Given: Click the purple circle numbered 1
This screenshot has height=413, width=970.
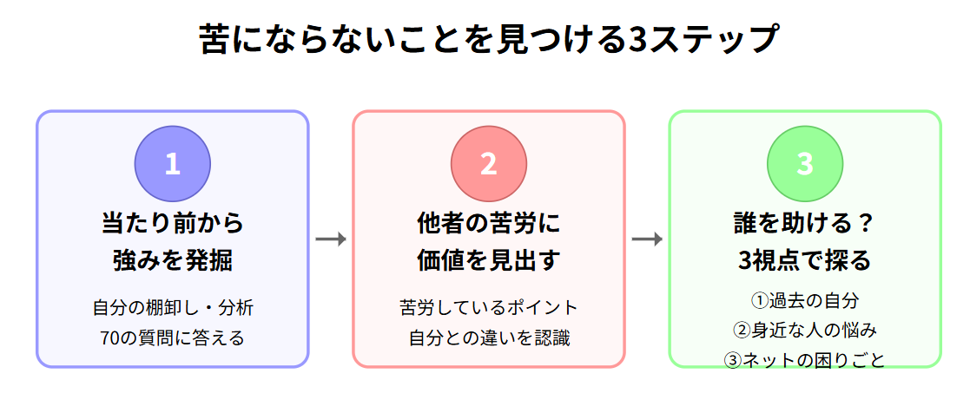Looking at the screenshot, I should pyautogui.click(x=172, y=164).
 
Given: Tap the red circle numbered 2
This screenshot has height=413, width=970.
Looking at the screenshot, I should pyautogui.click(x=488, y=164).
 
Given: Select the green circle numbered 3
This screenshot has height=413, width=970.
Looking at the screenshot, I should pyautogui.click(x=805, y=164).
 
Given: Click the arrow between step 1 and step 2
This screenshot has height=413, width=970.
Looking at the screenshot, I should pyautogui.click(x=330, y=239).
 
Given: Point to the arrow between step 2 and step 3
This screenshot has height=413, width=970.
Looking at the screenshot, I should pyautogui.click(x=647, y=239).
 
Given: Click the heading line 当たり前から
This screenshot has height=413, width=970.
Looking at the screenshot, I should pyautogui.click(x=172, y=223).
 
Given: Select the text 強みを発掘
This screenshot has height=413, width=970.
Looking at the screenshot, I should pyautogui.click(x=172, y=259).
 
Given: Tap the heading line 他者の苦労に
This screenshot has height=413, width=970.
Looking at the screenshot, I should pyautogui.click(x=488, y=223).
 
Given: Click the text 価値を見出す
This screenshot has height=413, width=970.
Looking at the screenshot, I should pyautogui.click(x=488, y=259).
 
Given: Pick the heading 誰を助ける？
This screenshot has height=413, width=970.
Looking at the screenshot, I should pyautogui.click(x=804, y=223).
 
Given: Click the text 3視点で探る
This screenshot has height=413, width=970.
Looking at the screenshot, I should pyautogui.click(x=804, y=259).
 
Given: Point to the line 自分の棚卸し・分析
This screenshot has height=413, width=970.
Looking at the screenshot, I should pyautogui.click(x=172, y=307).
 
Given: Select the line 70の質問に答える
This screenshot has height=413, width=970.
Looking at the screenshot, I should pyautogui.click(x=172, y=337).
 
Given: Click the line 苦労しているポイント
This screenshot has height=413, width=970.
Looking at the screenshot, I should pyautogui.click(x=488, y=307).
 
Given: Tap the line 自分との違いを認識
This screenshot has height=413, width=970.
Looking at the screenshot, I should pyautogui.click(x=488, y=337).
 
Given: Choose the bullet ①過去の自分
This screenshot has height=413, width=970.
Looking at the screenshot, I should pyautogui.click(x=804, y=301).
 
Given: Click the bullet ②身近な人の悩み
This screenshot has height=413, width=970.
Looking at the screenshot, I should pyautogui.click(x=804, y=331).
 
